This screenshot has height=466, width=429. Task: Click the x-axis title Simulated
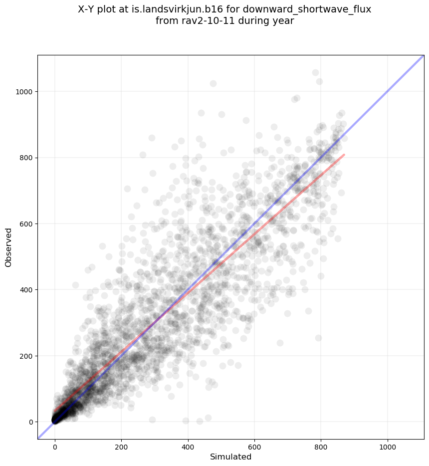[x=230, y=457]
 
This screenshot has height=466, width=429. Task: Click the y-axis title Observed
[x=8, y=247]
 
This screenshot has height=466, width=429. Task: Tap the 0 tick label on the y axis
[x=30, y=422]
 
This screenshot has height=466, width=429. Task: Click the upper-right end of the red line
[x=344, y=155]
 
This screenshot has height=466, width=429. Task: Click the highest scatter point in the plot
[x=315, y=73]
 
